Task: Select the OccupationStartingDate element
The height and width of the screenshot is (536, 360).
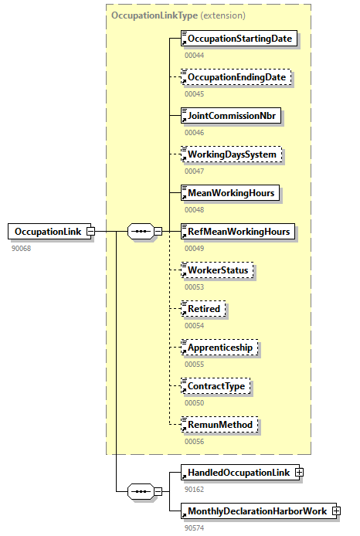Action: (239, 38)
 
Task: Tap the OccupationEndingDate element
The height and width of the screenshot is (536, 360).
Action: (236, 77)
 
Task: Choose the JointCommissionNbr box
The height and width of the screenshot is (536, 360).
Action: (231, 116)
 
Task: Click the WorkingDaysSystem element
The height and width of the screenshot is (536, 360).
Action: (231, 154)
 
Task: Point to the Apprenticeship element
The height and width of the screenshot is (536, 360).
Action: (219, 348)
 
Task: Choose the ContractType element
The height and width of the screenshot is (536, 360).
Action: (216, 385)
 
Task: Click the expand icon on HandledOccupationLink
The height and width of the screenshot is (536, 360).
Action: (299, 472)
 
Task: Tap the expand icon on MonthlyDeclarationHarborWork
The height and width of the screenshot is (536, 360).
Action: (336, 511)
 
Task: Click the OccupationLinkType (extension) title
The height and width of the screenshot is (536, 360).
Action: (178, 15)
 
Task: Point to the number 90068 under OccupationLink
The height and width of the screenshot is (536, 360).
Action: (22, 248)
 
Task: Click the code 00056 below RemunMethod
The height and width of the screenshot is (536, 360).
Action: (195, 441)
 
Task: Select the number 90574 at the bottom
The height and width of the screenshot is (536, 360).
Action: (195, 528)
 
